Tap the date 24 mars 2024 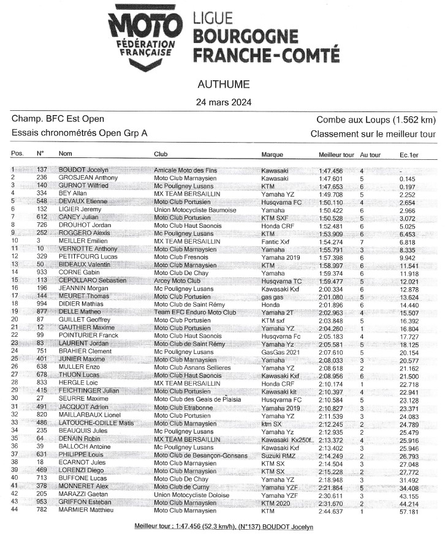(x=224, y=102)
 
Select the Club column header (x=161, y=155)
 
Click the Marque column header (x=272, y=155)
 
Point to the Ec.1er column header (x=408, y=155)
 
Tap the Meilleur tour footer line (x=224, y=526)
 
